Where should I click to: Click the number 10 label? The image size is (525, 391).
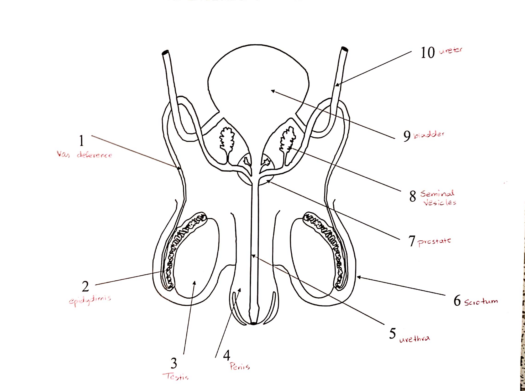[x=428, y=53]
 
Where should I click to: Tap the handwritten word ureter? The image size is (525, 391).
[x=451, y=50]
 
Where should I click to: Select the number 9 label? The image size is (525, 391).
[x=407, y=136]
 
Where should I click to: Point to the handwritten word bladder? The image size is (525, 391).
[x=429, y=134]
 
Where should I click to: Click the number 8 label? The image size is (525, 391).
[x=413, y=196]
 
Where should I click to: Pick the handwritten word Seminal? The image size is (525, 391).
[x=437, y=193]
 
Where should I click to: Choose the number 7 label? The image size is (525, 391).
[x=412, y=241]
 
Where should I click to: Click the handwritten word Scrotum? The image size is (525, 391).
[x=481, y=302]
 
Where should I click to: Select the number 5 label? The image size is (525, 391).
[x=392, y=333]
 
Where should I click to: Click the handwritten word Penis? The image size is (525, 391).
[x=240, y=366]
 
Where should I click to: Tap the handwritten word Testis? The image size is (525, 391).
[x=175, y=376]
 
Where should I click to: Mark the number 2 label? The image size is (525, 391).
[x=85, y=286]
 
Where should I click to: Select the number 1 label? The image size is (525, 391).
[x=81, y=141]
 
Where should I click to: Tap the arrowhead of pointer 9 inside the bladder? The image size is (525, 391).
[x=273, y=91]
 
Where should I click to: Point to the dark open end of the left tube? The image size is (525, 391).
[x=165, y=53]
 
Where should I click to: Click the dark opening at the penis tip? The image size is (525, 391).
[x=253, y=323]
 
